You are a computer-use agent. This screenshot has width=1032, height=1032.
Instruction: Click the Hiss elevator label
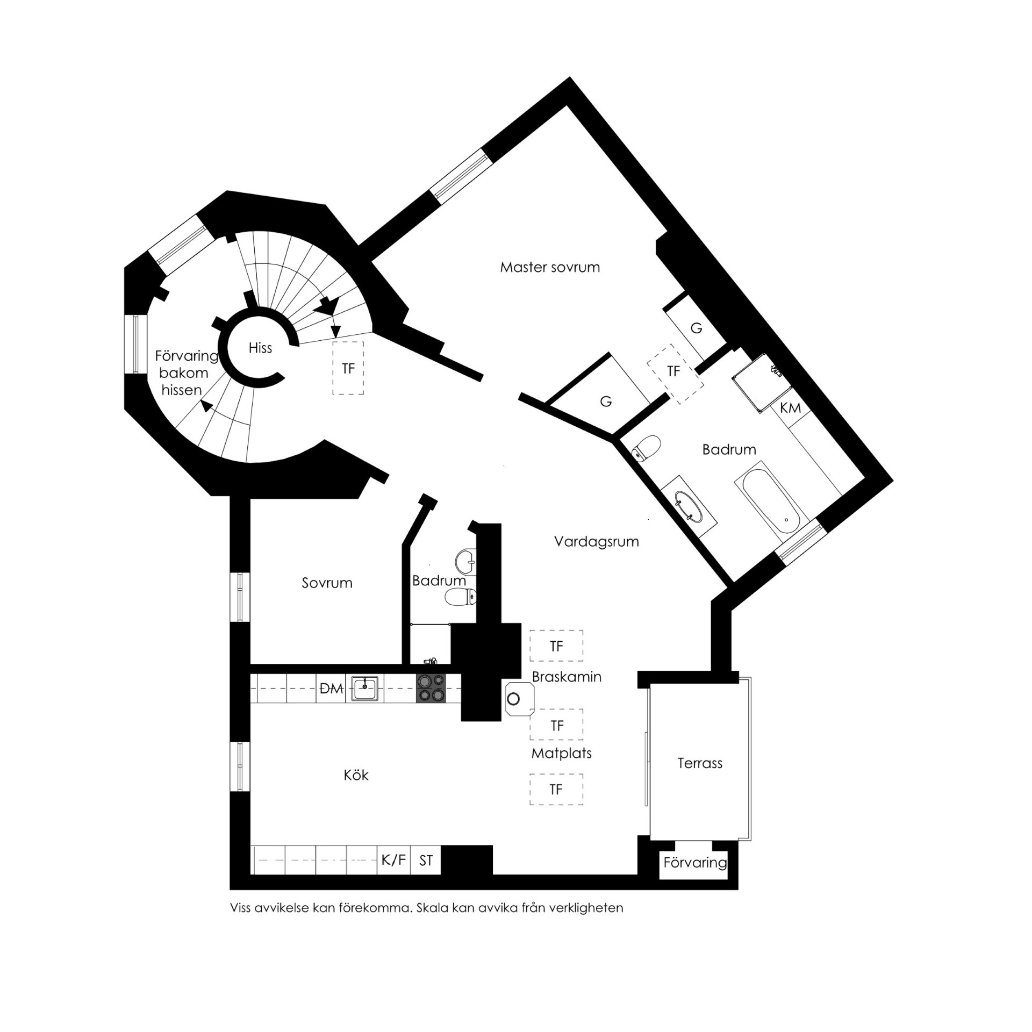pos(260,348)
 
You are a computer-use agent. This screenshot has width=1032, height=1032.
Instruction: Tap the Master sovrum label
pos(550,267)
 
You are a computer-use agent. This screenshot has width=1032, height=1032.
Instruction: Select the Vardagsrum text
pos(597,542)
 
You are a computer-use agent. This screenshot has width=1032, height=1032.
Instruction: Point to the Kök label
pos(356,775)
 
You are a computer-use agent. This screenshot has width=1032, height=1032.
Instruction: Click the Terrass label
pos(700,763)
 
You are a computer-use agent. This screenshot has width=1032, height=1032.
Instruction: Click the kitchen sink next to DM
pos(365,689)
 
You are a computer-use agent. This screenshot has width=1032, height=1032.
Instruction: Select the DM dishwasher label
pos(331,689)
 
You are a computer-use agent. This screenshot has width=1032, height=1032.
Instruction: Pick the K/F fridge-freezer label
pos(393,875)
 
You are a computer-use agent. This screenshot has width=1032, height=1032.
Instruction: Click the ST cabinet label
pos(426,876)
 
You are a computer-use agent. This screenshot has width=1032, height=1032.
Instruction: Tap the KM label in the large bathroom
pos(791,408)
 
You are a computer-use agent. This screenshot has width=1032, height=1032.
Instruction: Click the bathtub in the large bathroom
pos(770,499)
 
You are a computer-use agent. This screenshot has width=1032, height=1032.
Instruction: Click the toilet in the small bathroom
pos(460,597)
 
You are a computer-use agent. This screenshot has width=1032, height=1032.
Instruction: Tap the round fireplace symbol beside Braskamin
pos(514,699)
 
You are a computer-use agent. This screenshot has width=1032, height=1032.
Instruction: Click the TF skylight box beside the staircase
pos(348,368)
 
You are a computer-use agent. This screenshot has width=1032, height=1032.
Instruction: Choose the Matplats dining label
pos(561,753)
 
